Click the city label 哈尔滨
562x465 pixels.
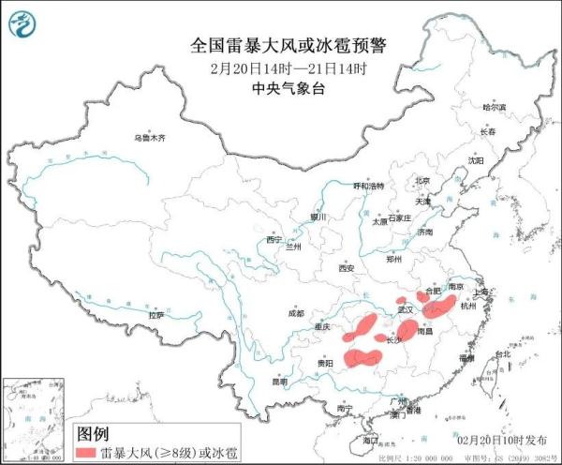click(494, 108)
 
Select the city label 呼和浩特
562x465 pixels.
click(368, 187)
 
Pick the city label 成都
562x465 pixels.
click(297, 314)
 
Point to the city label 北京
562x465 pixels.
click(422, 180)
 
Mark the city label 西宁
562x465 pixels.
click(274, 240)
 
